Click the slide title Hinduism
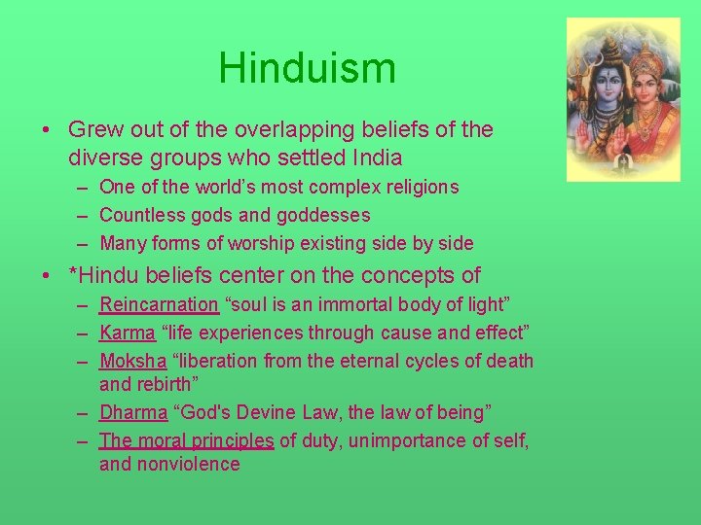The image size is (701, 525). point(307,69)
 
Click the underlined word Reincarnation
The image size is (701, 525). point(159,304)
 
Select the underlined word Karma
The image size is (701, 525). point(127,332)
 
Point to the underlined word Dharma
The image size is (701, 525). point(133,412)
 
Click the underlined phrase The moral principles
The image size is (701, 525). point(186,440)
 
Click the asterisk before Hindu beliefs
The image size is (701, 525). point(73,274)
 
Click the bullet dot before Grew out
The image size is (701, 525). point(48,130)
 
